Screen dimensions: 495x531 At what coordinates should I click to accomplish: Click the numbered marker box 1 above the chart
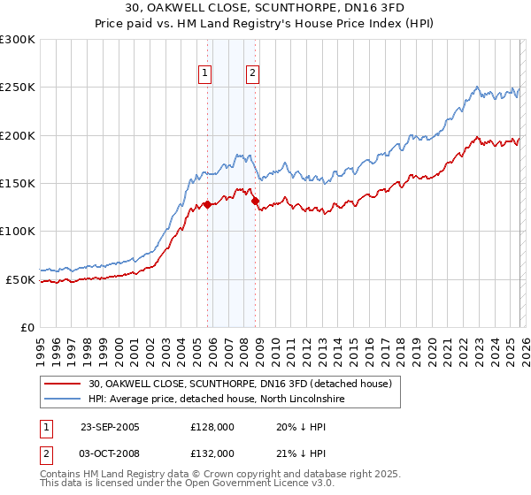click(205, 73)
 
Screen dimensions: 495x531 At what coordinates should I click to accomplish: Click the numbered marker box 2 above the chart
click(252, 73)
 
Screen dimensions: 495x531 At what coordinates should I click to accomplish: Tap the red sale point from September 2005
click(207, 204)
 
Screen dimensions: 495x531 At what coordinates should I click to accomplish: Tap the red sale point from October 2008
click(255, 201)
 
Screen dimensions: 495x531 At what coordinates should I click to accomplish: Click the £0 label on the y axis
click(27, 327)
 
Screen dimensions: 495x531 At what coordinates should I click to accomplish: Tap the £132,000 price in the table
click(212, 453)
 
